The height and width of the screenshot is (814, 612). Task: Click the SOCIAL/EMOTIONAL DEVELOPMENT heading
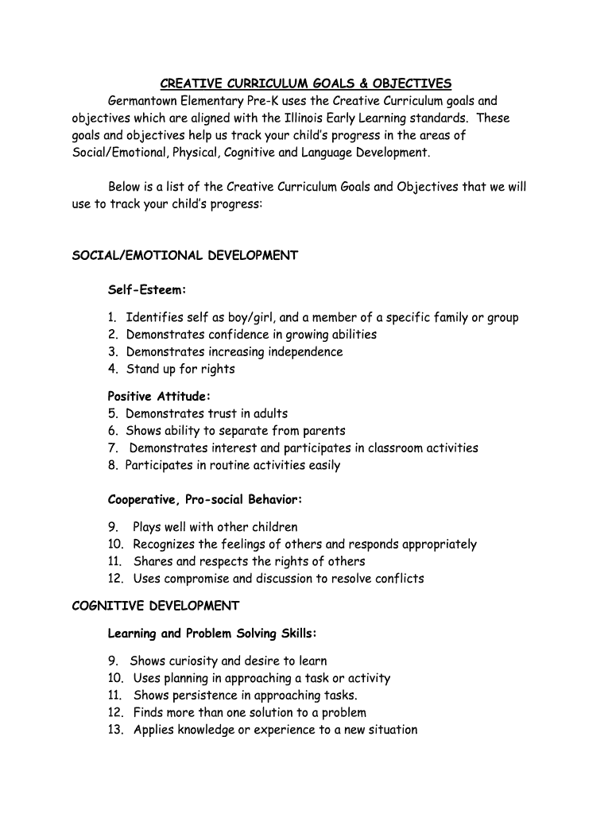coord(185,255)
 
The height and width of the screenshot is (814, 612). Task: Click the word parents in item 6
coord(324,431)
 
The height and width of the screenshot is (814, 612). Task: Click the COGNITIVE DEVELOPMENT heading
coord(156,606)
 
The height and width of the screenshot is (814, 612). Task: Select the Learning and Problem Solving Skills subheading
coord(212,634)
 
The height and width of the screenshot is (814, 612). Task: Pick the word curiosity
coord(190,661)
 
